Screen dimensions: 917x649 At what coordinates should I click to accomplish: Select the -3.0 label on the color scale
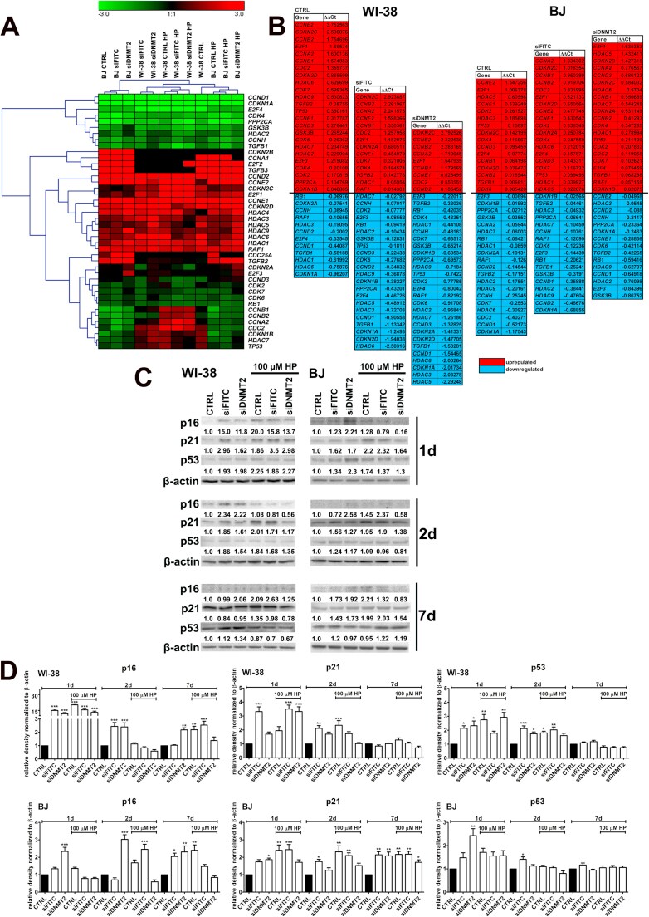(105, 14)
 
